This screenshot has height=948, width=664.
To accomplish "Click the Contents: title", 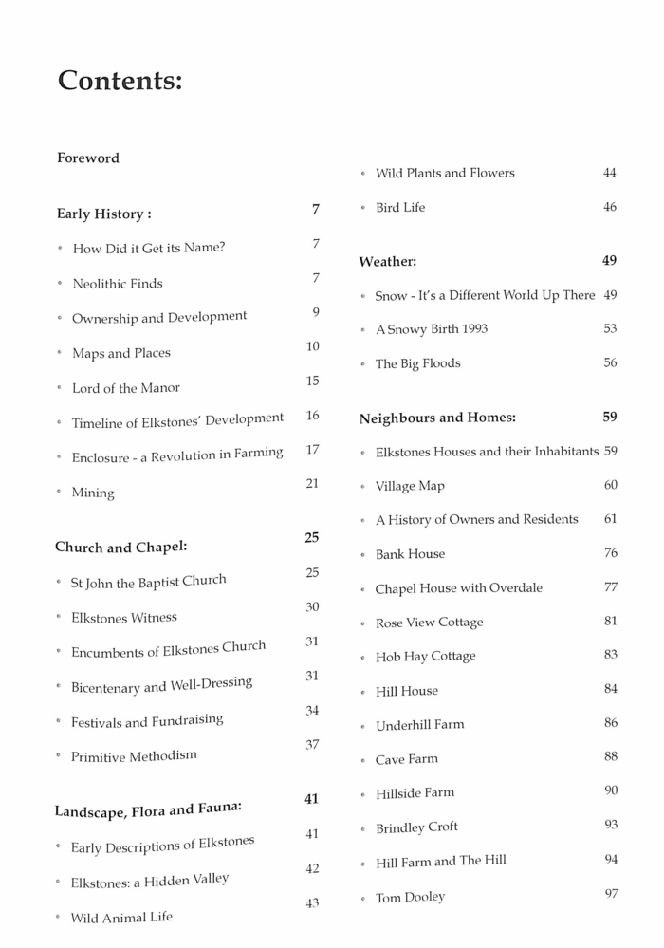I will pyautogui.click(x=120, y=81).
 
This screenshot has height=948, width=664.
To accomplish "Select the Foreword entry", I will pyautogui.click(x=88, y=158).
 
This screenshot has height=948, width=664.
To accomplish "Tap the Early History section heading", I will pyautogui.click(x=103, y=214).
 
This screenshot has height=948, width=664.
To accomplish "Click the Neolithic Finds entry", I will pyautogui.click(x=118, y=284).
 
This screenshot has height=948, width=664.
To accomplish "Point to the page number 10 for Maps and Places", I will pyautogui.click(x=312, y=347).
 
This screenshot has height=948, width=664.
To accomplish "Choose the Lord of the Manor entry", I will pyautogui.click(x=125, y=388).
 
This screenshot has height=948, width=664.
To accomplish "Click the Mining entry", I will pyautogui.click(x=93, y=493).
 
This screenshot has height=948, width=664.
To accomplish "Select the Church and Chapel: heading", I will pyautogui.click(x=120, y=548).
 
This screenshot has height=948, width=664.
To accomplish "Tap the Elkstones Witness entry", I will pyautogui.click(x=123, y=618).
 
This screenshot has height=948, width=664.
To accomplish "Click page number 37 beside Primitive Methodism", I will pyautogui.click(x=312, y=745).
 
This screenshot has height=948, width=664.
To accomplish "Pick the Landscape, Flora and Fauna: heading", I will pyautogui.click(x=148, y=809).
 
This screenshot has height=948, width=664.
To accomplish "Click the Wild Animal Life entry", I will pyautogui.click(x=121, y=918).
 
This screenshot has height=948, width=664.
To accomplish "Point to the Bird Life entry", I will pyautogui.click(x=400, y=208).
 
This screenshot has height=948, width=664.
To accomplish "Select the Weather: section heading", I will pyautogui.click(x=387, y=261).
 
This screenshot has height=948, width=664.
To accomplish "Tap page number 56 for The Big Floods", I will pyautogui.click(x=610, y=363).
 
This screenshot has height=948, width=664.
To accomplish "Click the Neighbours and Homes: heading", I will pyautogui.click(x=437, y=418).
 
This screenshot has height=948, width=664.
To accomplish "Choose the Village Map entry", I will pyautogui.click(x=410, y=486).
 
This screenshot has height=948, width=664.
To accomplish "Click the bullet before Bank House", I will pyautogui.click(x=362, y=555).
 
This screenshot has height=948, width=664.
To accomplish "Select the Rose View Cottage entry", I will pyautogui.click(x=429, y=623).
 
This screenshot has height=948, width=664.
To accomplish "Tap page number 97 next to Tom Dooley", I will pyautogui.click(x=611, y=894).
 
